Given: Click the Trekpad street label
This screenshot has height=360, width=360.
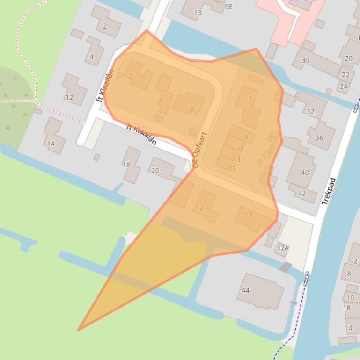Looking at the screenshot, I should [x=330, y=191].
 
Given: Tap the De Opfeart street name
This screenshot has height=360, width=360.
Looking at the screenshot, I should [x=199, y=150].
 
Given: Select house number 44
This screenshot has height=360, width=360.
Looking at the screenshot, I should [x=246, y=290].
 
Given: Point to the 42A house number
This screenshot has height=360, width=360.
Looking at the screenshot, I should [x=282, y=248].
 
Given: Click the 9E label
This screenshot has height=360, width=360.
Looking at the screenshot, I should [x=228, y=7].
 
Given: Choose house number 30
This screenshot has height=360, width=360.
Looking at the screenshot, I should [x=305, y=60].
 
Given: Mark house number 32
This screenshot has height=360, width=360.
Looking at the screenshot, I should [x=310, y=111].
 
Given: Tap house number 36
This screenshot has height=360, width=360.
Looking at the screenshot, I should [x=319, y=138].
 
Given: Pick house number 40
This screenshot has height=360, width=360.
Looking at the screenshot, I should [x=305, y=173].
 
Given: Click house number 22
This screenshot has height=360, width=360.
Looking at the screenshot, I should [x=345, y=75].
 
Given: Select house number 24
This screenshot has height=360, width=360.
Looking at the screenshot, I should [x=344, y=86].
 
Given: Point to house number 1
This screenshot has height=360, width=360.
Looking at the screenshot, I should [x=250, y=99].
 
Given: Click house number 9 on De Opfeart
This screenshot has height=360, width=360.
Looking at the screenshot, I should [x=246, y=137].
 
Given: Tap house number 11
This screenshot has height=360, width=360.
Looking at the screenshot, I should [x=241, y=149].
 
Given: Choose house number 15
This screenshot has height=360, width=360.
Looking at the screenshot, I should [x=232, y=169].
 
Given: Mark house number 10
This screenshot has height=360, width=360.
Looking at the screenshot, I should [x=350, y=297].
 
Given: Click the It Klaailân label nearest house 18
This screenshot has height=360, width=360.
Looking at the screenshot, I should [x=142, y=134].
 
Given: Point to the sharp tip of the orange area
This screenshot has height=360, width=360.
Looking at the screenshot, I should [x=78, y=330].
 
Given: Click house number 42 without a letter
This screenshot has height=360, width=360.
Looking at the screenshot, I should [x=302, y=193].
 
